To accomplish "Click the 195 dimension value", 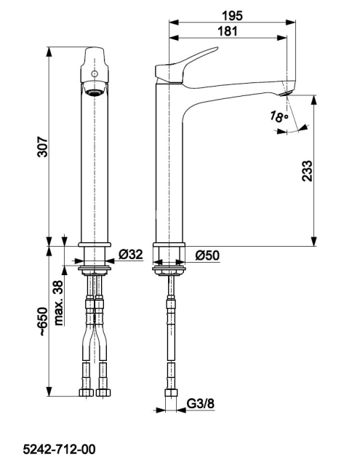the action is tap(232, 16).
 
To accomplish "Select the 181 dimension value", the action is tap(228, 31).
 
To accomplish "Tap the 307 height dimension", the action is tap(43, 146).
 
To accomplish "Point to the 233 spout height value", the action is tap(307, 171).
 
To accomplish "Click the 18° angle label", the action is tap(279, 116).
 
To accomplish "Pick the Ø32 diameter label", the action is tap(131, 255).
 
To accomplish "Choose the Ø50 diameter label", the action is tap(207, 255).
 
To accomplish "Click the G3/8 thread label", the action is tap(200, 404).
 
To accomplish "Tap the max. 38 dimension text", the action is tap(59, 303).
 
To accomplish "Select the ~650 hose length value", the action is tap(43, 322).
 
